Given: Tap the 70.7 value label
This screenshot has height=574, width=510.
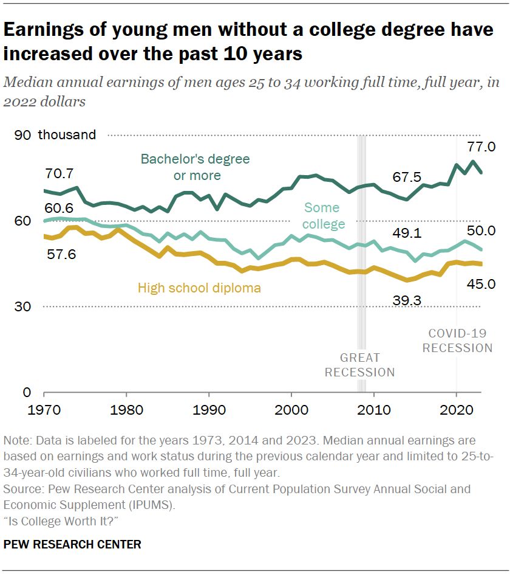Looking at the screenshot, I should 59,173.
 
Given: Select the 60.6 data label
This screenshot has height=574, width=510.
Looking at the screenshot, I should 59,207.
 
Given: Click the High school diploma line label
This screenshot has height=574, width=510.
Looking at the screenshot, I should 199,288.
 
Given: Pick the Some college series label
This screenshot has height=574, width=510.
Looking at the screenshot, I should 324,216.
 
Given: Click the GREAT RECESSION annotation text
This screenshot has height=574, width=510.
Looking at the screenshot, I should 359,365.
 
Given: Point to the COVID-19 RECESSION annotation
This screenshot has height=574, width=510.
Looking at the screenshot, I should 457,341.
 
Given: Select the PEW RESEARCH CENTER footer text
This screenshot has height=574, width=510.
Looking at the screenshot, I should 72,544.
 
